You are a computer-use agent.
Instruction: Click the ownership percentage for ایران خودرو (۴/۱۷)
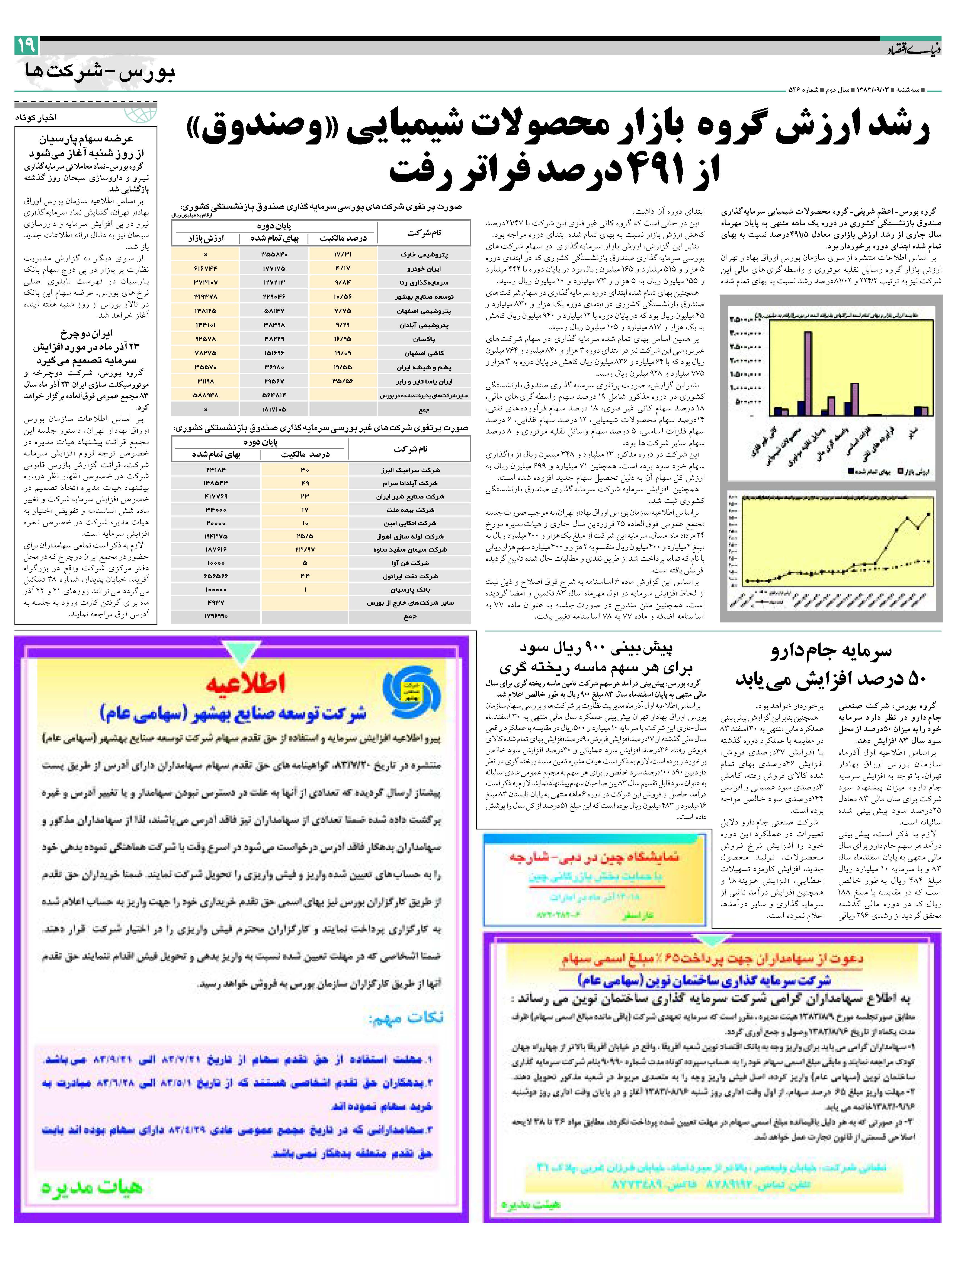coord(343,268)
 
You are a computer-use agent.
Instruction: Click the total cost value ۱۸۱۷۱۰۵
coord(274,409)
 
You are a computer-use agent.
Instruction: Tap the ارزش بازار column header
coord(206,238)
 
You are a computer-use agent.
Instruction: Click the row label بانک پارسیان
coord(411,589)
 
